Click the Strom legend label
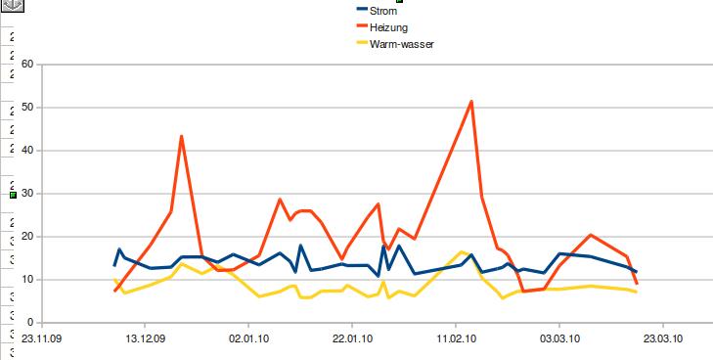[x=384, y=12]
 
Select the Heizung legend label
[x=389, y=27]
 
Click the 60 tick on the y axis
[x=27, y=65]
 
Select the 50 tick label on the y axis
[x=27, y=108]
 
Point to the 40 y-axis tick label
[x=27, y=151]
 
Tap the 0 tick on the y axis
[x=30, y=323]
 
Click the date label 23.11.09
[x=41, y=339]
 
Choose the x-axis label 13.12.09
[x=145, y=339]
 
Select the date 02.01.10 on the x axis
[x=247, y=339]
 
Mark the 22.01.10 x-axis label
[x=351, y=339]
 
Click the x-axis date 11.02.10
[x=455, y=339]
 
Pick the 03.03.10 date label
[x=558, y=339]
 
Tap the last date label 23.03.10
[x=662, y=339]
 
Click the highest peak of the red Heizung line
[x=471, y=101]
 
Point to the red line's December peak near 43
[x=181, y=136]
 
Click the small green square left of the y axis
[x=13, y=196]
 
